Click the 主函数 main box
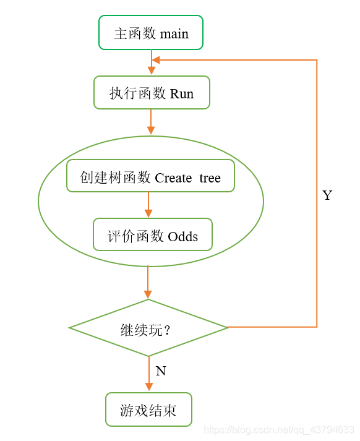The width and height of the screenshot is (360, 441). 151,33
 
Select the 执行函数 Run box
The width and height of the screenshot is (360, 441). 152,93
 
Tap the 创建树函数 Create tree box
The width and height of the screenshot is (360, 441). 150,176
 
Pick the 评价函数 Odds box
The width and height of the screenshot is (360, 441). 153,235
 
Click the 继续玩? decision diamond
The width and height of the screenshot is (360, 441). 148,328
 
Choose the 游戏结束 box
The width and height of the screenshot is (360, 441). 148,409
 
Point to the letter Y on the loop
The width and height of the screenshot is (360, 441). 327,195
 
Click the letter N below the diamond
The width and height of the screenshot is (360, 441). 161,370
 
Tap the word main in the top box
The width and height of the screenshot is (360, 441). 174,33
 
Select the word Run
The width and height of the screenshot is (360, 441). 182,94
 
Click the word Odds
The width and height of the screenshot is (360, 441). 183,236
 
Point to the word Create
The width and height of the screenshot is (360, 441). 173,178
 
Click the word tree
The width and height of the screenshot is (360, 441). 210,178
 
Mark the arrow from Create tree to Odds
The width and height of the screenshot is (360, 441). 148,205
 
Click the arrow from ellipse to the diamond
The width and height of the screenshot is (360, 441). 148,283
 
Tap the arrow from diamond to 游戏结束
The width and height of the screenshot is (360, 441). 148,375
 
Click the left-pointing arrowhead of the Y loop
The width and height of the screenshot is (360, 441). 156,60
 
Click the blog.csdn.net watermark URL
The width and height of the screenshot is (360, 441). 279,429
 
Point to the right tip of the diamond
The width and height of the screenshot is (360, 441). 227,327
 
